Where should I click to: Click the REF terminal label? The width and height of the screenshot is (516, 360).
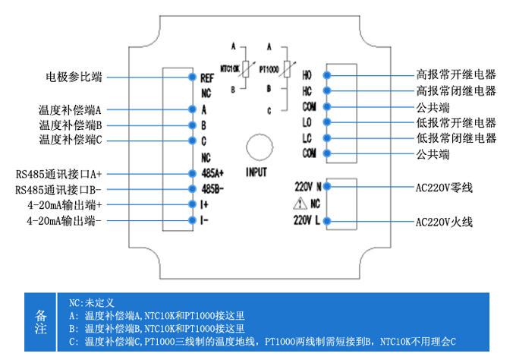pyautogui.click(x=208, y=77)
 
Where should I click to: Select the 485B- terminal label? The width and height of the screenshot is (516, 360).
pyautogui.click(x=213, y=188)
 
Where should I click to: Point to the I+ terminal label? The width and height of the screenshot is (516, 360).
pyautogui.click(x=205, y=205)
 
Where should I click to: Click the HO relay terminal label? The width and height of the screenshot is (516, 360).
pyautogui.click(x=307, y=75)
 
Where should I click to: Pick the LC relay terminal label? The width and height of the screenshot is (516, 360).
pyautogui.click(x=307, y=138)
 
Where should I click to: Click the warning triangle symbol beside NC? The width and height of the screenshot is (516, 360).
pyautogui.click(x=300, y=204)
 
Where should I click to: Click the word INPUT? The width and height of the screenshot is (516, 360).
pyautogui.click(x=257, y=172)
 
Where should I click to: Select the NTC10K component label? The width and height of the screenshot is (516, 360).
pyautogui.click(x=229, y=68)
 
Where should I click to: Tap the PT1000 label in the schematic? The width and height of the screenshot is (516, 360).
pyautogui.click(x=270, y=68)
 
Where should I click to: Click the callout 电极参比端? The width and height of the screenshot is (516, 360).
pyautogui.click(x=74, y=77)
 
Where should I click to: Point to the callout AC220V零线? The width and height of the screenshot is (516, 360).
pyautogui.click(x=444, y=187)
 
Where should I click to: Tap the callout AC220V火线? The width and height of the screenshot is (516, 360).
pyautogui.click(x=444, y=223)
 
